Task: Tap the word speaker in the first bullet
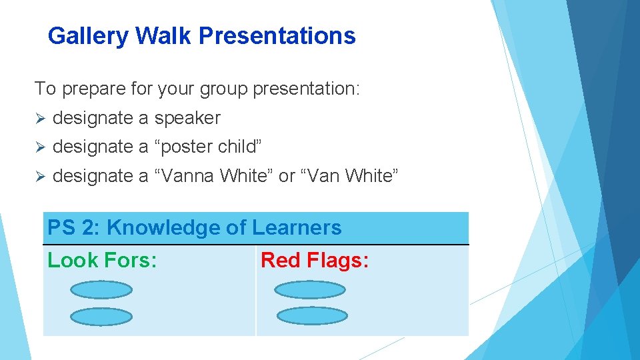click(x=187, y=118)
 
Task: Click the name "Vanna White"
click(x=214, y=176)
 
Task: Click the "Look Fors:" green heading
click(x=102, y=261)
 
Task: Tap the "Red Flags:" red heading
click(x=315, y=261)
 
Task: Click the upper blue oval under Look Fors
click(x=101, y=289)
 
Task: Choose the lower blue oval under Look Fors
click(x=101, y=317)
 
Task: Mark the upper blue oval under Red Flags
click(x=310, y=289)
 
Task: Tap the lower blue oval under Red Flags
click(x=312, y=315)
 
